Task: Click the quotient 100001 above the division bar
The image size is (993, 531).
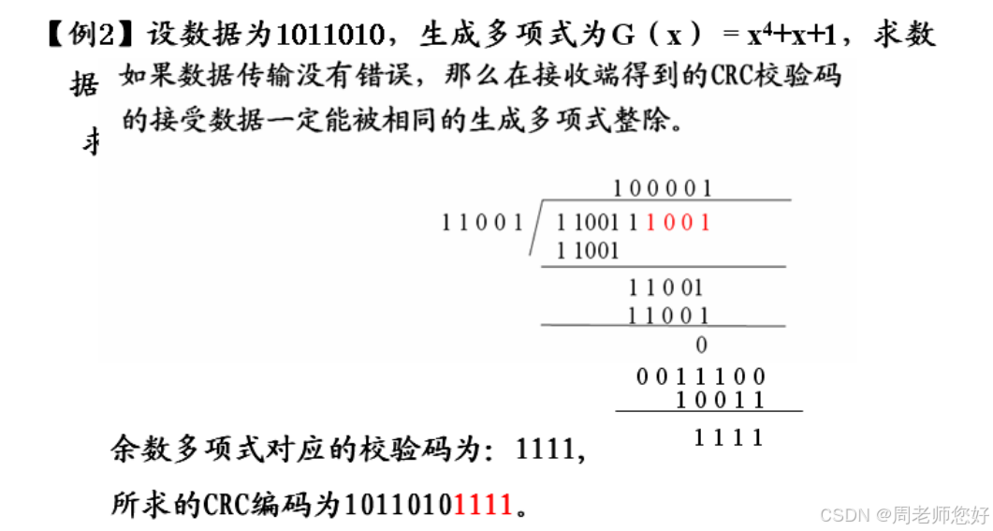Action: tap(663, 188)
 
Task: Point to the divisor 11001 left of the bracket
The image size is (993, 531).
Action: tap(482, 223)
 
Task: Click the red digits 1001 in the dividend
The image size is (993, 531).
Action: tap(679, 223)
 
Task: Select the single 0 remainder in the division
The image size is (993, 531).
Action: tap(702, 346)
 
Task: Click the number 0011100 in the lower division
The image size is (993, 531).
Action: tap(701, 377)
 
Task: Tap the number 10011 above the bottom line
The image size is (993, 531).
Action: tap(721, 401)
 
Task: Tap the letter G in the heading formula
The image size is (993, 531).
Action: tap(622, 36)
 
